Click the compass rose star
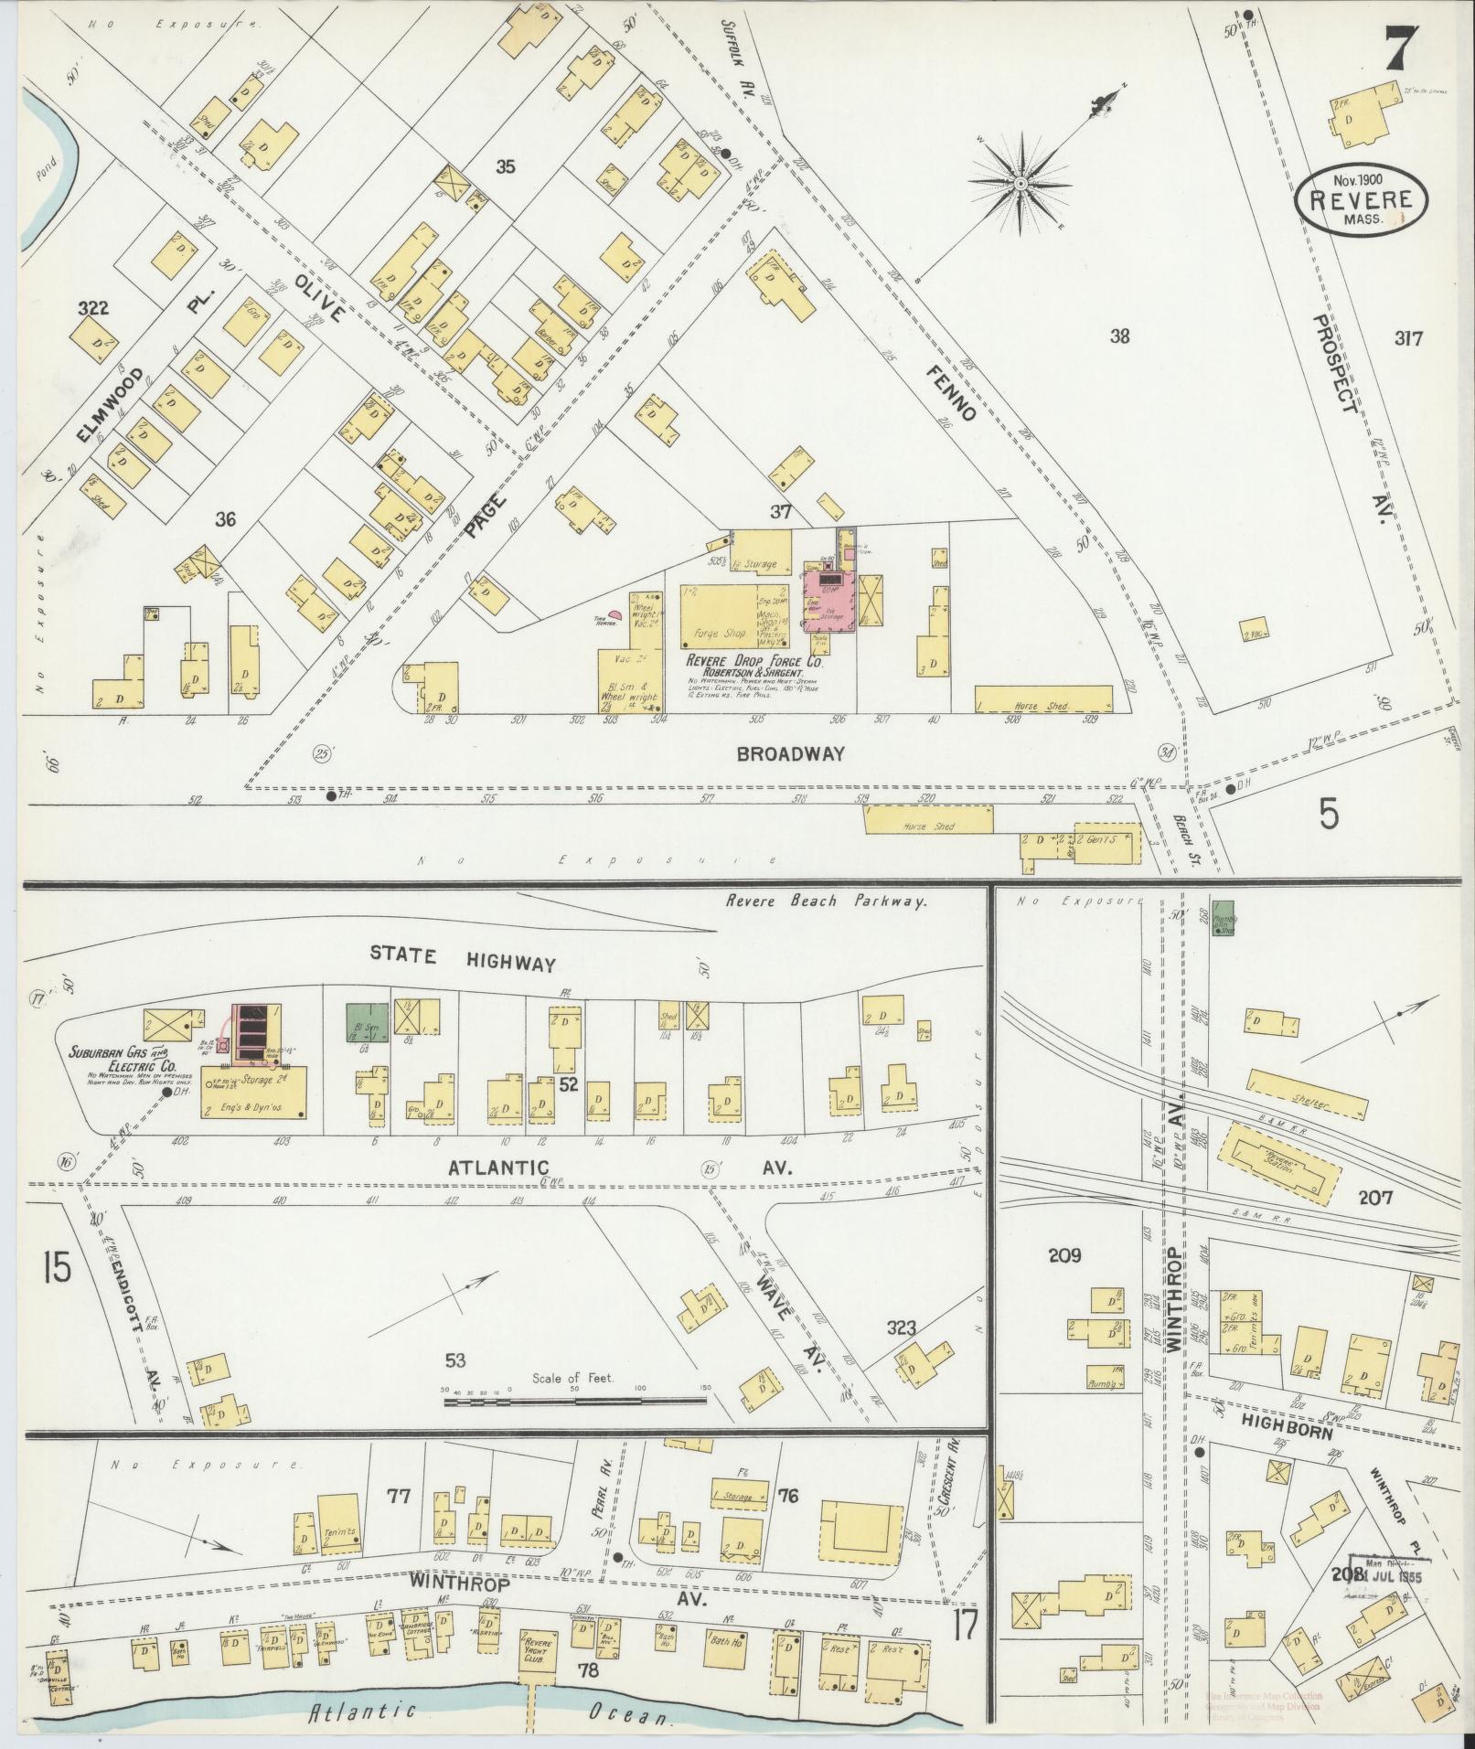1020,184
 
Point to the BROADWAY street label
790,754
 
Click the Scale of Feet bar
574,1400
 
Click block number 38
1119,336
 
